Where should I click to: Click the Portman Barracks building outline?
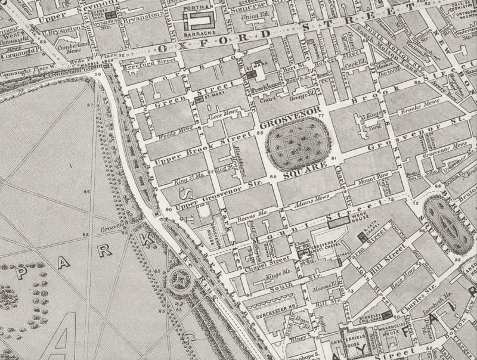(198, 23)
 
